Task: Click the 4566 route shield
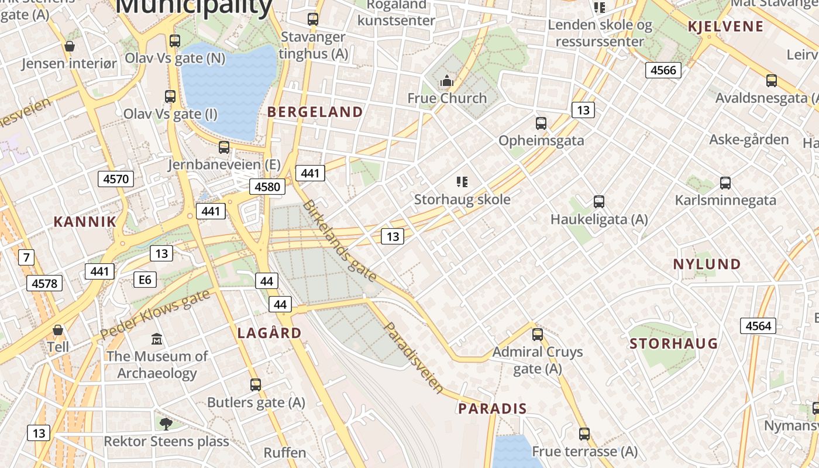663,70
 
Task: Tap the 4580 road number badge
268,187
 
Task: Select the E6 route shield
144,280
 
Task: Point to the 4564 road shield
758,326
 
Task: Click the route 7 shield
25,257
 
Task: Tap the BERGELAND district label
315,112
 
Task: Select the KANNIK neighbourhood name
85,222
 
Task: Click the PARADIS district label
493,408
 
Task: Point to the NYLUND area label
707,264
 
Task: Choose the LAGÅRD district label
270,333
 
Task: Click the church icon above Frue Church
447,81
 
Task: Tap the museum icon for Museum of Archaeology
157,339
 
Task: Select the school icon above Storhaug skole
462,182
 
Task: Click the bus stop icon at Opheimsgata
541,123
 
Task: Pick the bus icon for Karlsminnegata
725,183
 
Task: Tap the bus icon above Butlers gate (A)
256,385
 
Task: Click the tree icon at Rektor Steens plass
166,424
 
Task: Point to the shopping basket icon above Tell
58,331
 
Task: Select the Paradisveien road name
414,356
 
